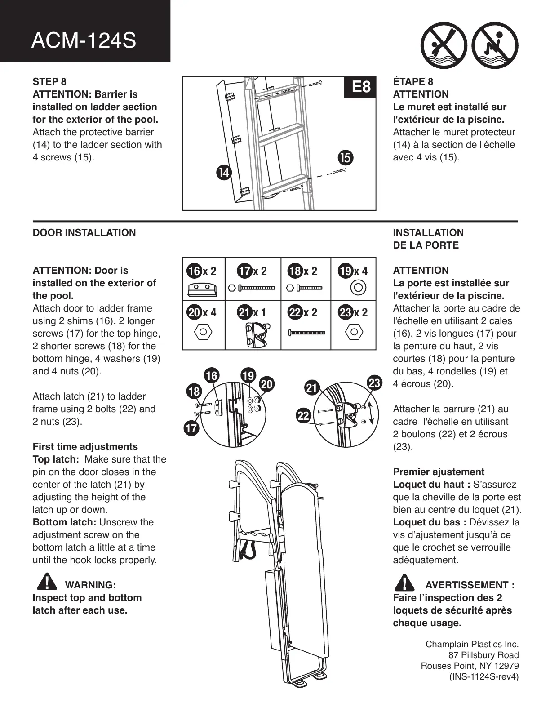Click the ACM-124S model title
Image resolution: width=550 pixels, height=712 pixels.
[x=84, y=41]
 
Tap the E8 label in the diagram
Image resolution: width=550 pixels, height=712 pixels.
[x=361, y=86]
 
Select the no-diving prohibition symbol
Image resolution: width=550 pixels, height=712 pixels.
[x=443, y=45]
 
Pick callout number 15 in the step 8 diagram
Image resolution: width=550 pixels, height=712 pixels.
[x=346, y=158]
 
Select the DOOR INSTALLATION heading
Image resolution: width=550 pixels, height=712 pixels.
[x=84, y=232]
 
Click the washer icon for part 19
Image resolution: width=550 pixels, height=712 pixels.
[x=358, y=287]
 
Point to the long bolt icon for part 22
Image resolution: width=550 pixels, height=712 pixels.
[x=306, y=333]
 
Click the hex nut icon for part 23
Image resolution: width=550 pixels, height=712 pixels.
[x=354, y=333]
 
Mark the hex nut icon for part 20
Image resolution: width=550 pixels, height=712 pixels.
[x=203, y=333]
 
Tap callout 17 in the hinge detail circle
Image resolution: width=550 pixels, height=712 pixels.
[x=191, y=428]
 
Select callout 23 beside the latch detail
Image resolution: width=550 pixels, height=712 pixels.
[x=374, y=383]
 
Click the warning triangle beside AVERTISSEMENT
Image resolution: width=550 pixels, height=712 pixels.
[x=405, y=583]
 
